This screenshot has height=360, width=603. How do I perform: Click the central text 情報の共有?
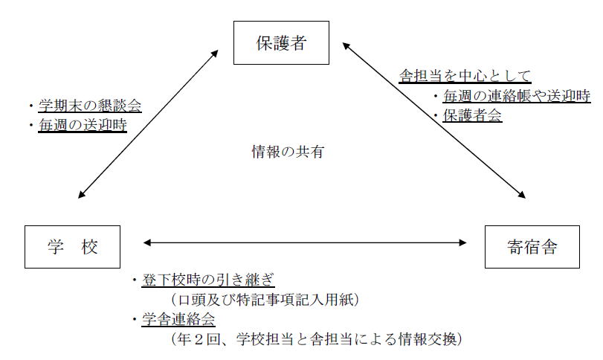click(x=288, y=152)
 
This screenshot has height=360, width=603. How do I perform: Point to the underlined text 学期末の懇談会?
click(x=90, y=106)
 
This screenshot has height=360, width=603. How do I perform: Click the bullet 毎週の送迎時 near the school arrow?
click(x=83, y=125)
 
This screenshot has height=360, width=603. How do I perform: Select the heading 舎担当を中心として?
click(x=465, y=76)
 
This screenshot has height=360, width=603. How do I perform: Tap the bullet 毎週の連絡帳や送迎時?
click(x=517, y=96)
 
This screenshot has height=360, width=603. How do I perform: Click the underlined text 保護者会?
click(x=472, y=115)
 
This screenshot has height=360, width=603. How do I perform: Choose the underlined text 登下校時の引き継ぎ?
click(x=208, y=280)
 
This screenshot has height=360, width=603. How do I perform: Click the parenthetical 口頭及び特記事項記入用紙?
click(x=265, y=300)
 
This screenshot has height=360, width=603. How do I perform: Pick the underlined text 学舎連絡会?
click(x=178, y=319)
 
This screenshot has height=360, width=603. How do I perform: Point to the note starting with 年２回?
click(x=317, y=339)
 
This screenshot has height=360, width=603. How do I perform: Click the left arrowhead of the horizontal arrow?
click(x=146, y=242)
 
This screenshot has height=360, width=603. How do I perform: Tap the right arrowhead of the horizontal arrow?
click(x=463, y=242)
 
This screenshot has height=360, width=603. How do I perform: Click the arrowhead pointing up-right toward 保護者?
click(x=216, y=53)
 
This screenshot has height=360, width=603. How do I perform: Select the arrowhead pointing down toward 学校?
click(x=80, y=196)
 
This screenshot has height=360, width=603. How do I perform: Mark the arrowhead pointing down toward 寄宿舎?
click(x=523, y=196)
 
